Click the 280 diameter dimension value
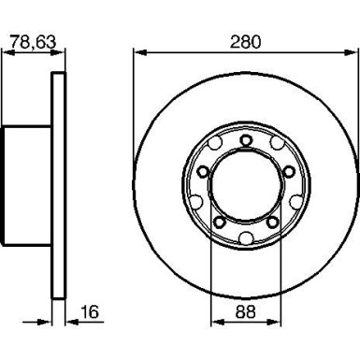click(x=245, y=42)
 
